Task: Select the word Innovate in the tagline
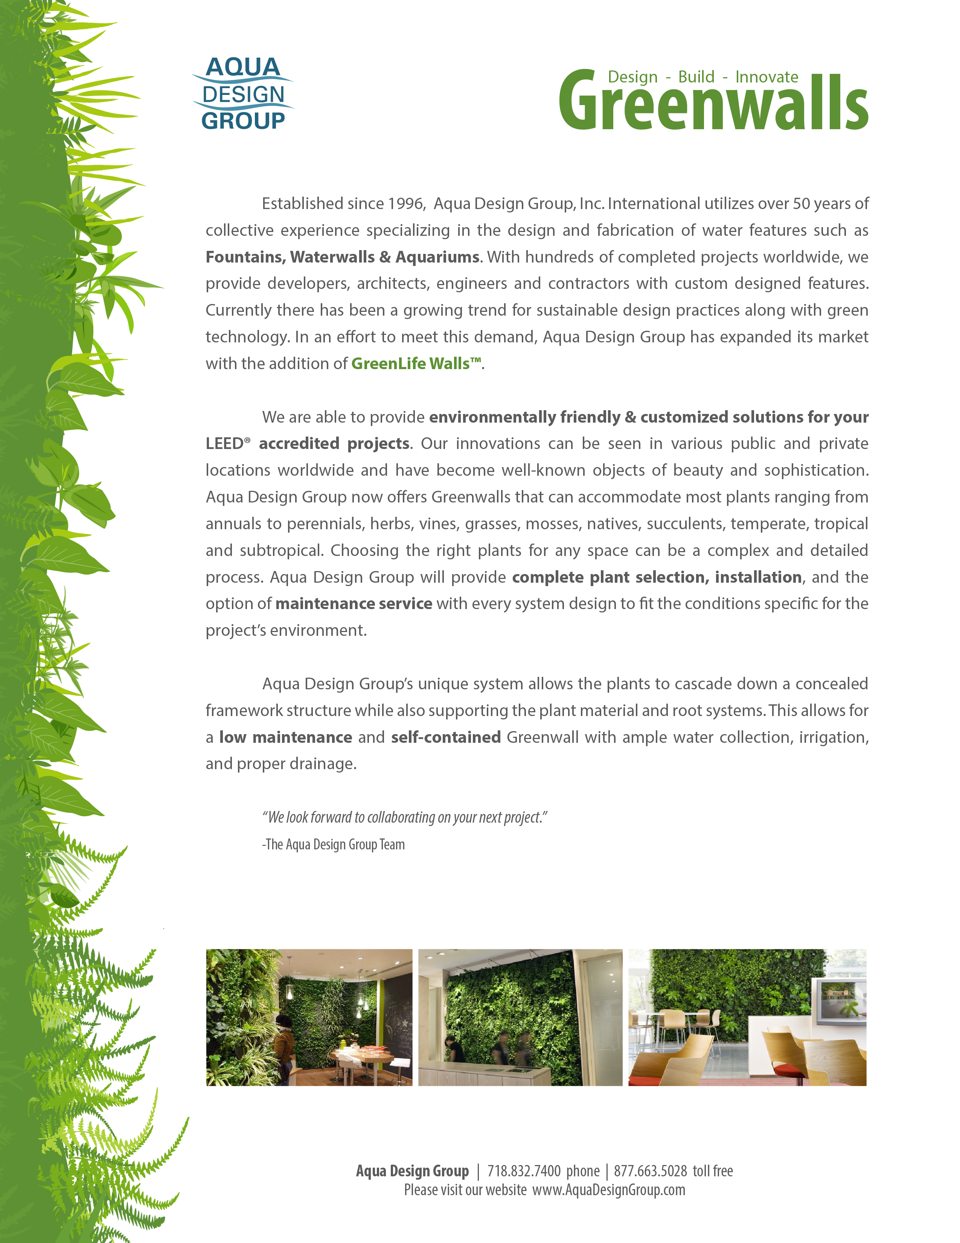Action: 766,77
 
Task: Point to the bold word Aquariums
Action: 437,257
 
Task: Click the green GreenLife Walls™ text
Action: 416,364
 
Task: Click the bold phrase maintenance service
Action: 354,604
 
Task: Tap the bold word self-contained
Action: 446,738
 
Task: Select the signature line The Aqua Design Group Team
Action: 334,844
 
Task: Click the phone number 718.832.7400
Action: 524,1171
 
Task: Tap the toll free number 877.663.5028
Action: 650,1171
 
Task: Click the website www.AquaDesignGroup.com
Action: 608,1190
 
